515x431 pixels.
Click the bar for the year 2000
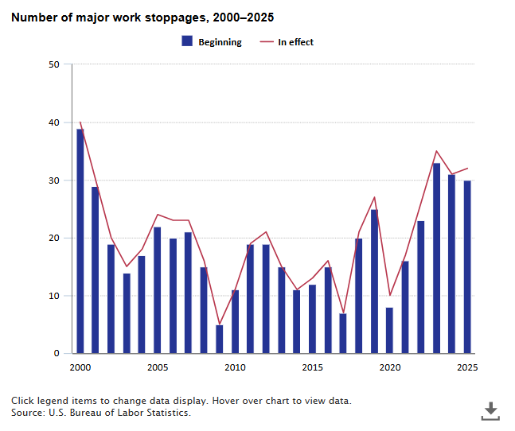tap(80, 241)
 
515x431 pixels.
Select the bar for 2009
tap(219, 339)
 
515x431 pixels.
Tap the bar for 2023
tap(436, 258)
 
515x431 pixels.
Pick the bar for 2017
tap(343, 333)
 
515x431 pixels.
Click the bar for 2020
tap(389, 330)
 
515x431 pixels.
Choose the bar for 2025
tap(467, 266)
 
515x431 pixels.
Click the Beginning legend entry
tap(212, 42)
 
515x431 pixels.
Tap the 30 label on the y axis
tap(54, 181)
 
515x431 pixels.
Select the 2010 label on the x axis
tap(235, 367)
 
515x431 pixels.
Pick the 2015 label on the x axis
tap(312, 367)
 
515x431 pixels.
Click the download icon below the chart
tap(491, 410)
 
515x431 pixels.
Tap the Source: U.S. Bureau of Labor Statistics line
tap(101, 413)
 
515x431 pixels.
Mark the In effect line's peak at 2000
tap(80, 122)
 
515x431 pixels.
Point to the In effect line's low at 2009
tap(219, 324)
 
